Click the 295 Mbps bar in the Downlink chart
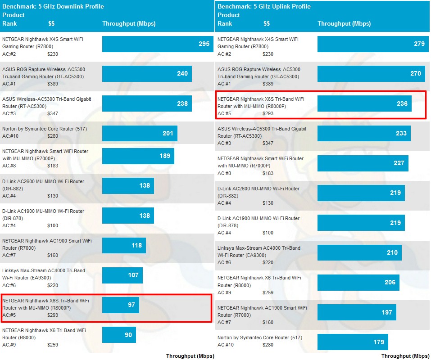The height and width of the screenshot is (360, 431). (158, 44)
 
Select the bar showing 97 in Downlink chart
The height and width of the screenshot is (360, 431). (121, 305)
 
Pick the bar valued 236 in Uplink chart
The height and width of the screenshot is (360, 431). (365, 103)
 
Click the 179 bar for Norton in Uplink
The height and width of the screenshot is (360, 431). (353, 342)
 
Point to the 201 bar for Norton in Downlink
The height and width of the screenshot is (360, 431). (140, 133)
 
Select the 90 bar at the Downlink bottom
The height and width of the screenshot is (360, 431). (119, 335)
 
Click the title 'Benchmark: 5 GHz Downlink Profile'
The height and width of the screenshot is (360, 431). (53, 7)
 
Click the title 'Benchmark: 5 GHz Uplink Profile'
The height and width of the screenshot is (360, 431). (264, 7)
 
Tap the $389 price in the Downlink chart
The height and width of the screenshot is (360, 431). (53, 84)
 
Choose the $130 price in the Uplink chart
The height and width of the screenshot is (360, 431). (268, 203)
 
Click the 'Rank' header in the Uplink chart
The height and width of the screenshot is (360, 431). (225, 23)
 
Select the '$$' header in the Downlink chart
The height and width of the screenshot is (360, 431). (51, 23)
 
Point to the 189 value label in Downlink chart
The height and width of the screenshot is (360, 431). (165, 156)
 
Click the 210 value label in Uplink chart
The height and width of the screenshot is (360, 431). (392, 252)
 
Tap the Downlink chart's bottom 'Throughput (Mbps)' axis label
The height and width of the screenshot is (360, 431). (190, 356)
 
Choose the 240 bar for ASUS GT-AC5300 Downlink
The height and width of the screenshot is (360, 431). (147, 74)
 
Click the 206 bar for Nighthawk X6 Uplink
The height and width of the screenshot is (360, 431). (358, 282)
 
